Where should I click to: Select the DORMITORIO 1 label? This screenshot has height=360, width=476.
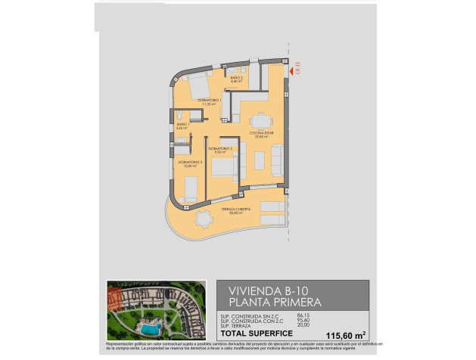pyautogui.click(x=210, y=101)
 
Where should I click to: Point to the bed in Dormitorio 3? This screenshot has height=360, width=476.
pyautogui.click(x=191, y=187)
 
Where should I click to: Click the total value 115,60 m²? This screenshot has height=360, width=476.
pyautogui.click(x=345, y=334)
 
